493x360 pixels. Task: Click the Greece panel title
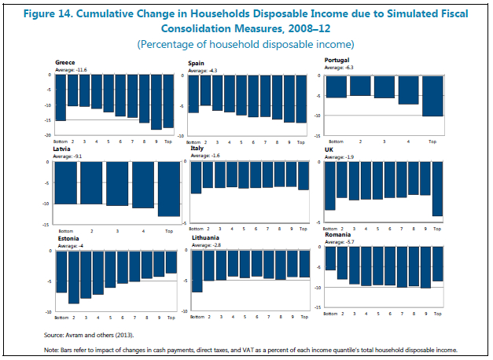point(65,61)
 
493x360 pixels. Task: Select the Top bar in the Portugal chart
point(432,96)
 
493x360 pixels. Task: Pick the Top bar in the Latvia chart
point(169,189)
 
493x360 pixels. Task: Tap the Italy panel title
point(197,148)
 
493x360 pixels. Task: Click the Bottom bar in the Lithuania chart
point(197,272)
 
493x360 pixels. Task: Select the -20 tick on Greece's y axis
point(50,135)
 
